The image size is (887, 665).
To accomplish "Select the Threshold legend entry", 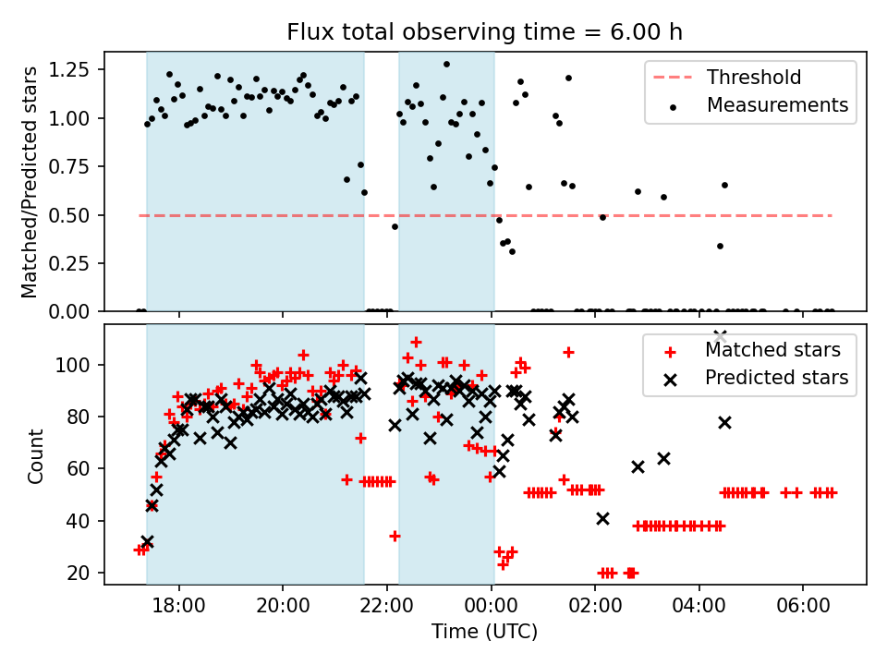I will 754,78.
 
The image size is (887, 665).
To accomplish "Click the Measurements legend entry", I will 777,105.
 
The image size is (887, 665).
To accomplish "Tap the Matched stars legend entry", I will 772,350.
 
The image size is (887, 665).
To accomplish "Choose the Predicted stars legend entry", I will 776,377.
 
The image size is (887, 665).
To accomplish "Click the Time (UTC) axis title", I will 484,633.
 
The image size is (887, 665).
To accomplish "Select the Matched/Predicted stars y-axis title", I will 30,182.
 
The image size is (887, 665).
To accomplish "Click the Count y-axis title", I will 36,454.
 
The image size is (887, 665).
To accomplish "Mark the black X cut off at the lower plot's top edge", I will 720,335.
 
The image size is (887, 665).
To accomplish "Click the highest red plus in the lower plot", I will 416,343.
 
